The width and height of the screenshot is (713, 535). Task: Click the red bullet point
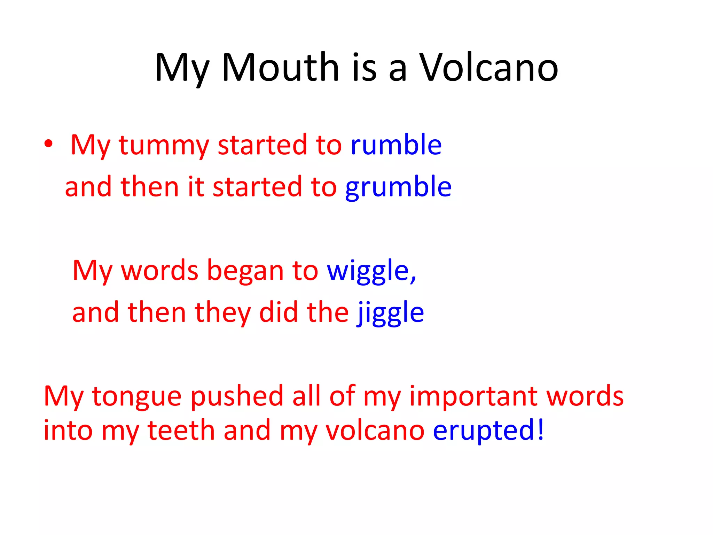point(48,144)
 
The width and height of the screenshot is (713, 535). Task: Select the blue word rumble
point(396,144)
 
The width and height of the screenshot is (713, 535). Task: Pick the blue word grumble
point(398,187)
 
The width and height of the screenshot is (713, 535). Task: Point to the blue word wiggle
point(368,271)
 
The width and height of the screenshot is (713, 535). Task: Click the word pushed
point(237,396)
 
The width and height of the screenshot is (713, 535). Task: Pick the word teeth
point(181,431)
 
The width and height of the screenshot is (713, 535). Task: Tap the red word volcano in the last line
point(375,431)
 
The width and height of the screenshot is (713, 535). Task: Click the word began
point(245,271)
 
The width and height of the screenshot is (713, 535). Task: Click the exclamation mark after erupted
point(540,429)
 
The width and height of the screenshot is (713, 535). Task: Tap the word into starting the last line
point(68,431)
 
